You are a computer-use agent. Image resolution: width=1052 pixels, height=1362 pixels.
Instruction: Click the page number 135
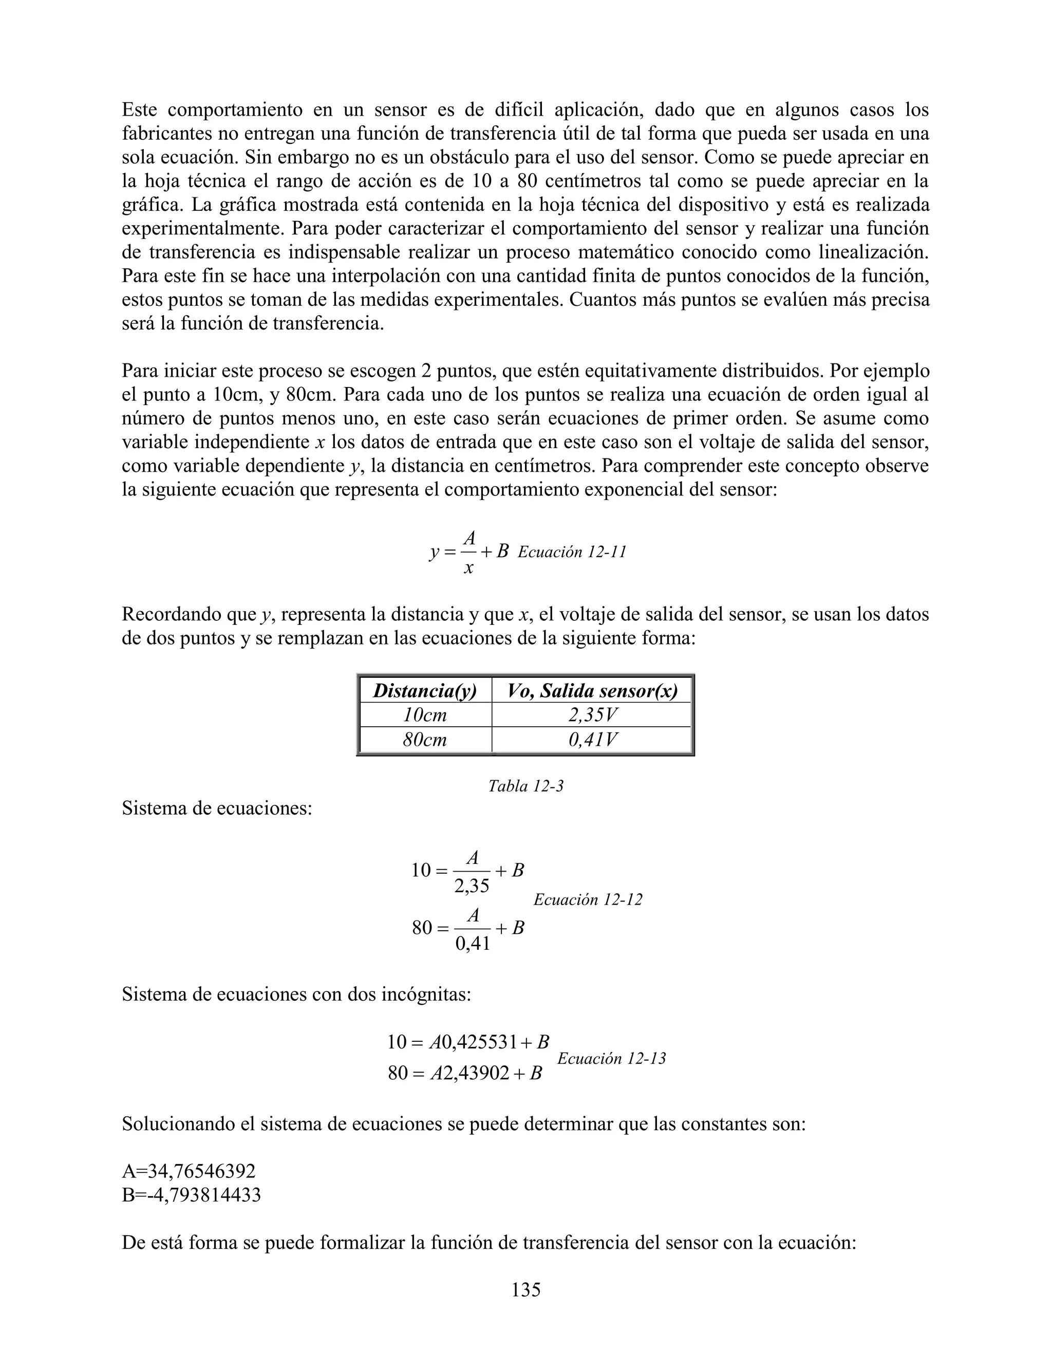525,1289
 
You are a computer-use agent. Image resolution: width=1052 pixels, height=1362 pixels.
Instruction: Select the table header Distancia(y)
425,690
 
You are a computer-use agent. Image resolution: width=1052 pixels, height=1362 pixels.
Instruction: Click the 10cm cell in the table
425,715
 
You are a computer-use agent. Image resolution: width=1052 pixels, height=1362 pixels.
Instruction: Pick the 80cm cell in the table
425,740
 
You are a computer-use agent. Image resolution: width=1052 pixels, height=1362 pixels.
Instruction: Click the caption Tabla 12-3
525,786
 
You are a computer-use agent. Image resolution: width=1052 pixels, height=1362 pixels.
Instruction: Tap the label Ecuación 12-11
572,552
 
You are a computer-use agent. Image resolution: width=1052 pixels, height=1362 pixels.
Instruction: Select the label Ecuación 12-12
587,899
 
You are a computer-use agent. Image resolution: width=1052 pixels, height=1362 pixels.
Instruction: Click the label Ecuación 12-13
611,1058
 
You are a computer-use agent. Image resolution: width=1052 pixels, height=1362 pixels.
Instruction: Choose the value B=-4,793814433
191,1195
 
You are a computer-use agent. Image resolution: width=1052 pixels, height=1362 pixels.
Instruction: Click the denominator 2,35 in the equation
471,886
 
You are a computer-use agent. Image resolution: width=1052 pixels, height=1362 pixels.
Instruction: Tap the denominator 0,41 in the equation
473,944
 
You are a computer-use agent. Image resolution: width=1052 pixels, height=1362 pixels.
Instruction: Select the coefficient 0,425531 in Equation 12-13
479,1042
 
